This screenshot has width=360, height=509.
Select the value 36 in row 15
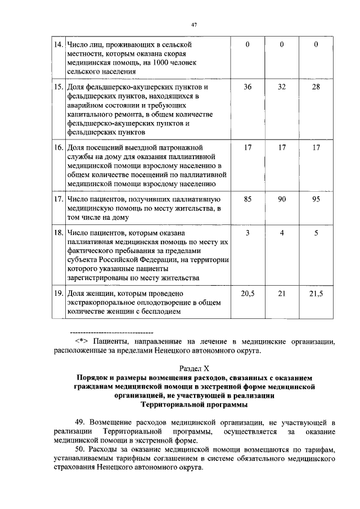(x=248, y=87)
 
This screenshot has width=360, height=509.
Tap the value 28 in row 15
(x=316, y=87)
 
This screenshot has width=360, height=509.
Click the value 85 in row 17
(x=248, y=199)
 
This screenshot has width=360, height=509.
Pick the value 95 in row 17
(x=316, y=199)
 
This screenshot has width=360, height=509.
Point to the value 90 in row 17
(x=282, y=199)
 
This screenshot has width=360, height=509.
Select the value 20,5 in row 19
(x=248, y=294)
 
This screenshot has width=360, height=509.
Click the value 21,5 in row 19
(x=316, y=294)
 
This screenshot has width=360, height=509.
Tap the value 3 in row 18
(x=248, y=232)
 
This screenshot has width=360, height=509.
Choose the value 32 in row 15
(x=282, y=87)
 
